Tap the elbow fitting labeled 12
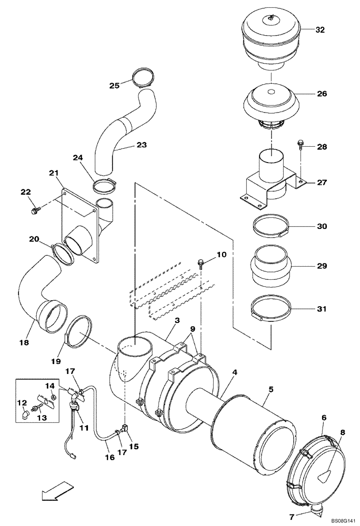pos(25,415)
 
